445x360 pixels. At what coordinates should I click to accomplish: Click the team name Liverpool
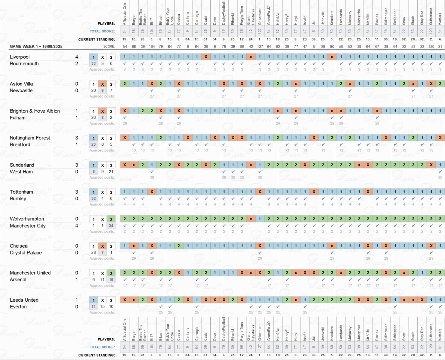click(x=20, y=57)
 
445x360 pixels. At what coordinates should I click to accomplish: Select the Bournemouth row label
click(x=24, y=64)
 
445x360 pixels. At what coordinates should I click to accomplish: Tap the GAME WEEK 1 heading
click(x=36, y=46)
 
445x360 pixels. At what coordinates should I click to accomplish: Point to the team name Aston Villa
click(x=21, y=84)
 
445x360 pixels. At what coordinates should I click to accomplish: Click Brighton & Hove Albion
click(x=35, y=111)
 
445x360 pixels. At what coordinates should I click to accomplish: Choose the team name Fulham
click(x=17, y=118)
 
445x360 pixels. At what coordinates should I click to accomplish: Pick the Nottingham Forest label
click(x=30, y=138)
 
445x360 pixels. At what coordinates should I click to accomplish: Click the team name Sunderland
click(x=22, y=165)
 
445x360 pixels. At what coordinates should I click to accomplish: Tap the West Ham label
click(x=21, y=172)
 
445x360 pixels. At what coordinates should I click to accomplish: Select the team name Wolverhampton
click(x=27, y=219)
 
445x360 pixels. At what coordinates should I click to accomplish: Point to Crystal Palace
click(x=26, y=253)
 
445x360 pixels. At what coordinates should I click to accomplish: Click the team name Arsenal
click(x=18, y=280)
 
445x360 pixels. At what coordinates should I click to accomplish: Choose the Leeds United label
click(x=24, y=300)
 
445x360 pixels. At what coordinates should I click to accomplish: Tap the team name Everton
click(x=18, y=307)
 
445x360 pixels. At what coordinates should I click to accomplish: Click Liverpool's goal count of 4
click(x=77, y=57)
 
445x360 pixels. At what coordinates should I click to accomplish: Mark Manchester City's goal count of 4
click(x=77, y=226)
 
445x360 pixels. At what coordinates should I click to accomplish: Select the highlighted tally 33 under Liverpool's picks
click(x=93, y=64)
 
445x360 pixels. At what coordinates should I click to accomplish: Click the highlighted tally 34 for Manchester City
click(x=111, y=226)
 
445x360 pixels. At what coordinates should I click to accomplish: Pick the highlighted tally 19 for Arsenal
click(x=111, y=280)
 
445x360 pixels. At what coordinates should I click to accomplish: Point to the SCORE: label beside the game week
click(x=109, y=46)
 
